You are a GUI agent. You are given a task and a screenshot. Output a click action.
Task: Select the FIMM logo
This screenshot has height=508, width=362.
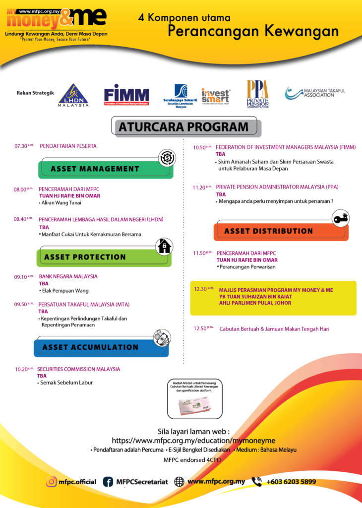126,95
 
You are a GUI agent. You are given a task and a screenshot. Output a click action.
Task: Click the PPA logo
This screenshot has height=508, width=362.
257,94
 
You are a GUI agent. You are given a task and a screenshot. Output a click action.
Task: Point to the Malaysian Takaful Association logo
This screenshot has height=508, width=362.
314,92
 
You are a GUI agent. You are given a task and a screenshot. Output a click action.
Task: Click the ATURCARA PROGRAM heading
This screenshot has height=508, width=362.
187,127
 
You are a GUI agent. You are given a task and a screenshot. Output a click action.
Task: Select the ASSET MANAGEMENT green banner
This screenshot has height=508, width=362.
105,170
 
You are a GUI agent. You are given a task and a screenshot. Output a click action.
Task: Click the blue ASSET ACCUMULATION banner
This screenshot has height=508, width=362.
101,348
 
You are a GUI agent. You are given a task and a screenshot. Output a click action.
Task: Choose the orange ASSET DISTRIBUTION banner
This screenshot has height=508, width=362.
280,232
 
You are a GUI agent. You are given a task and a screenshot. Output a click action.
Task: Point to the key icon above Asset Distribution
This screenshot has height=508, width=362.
340,218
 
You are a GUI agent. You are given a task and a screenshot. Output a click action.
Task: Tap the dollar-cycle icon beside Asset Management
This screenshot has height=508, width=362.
167,158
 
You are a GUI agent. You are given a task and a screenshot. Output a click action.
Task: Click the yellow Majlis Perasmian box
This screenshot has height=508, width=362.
273,298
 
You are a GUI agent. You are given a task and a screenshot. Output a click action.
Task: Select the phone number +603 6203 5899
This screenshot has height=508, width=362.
290,481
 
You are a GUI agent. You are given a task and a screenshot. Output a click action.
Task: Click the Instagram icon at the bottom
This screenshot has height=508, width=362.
51,481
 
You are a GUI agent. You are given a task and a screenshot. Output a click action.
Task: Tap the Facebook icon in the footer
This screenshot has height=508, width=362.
108,481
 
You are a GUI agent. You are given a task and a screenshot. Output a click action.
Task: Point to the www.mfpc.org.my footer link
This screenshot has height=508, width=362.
216,481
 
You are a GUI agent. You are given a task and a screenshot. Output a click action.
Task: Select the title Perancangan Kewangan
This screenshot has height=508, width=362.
253,31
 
